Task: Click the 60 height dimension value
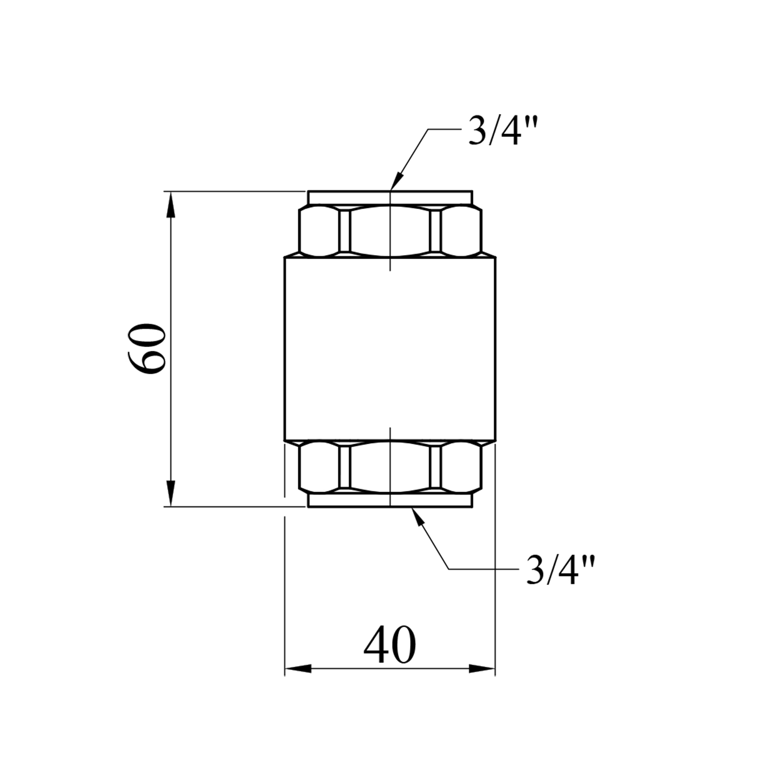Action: click(x=146, y=348)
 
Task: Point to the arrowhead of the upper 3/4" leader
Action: click(x=395, y=180)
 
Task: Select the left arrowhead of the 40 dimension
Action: click(x=298, y=668)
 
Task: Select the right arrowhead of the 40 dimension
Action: click(x=482, y=668)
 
